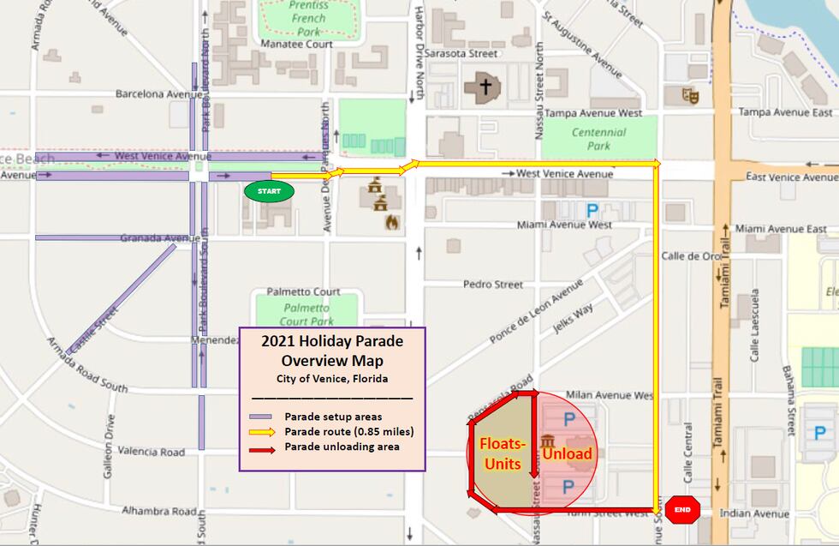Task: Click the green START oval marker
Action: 269,191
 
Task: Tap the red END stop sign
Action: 682,510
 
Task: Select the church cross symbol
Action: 485,87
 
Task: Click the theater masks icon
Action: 690,95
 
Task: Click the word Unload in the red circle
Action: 567,453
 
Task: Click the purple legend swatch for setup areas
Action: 260,417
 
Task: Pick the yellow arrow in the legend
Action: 260,432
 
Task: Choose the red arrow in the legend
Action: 260,447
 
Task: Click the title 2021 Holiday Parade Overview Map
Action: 331,350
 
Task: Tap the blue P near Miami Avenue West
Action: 592,208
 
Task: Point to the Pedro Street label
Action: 492,284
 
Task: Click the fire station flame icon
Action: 392,222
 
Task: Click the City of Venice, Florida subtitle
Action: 331,379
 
